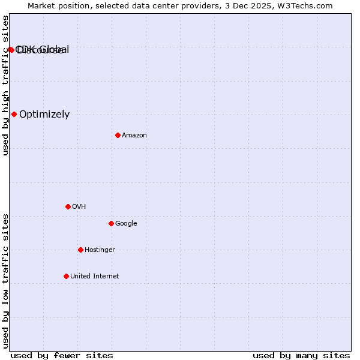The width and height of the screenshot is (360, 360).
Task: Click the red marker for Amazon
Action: pos(118,135)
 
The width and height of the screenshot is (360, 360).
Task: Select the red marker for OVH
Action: pos(68,206)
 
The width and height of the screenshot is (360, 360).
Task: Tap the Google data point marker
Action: pos(111,223)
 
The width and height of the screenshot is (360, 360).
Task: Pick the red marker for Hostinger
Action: pos(80,250)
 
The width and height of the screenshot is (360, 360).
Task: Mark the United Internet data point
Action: pos(66,276)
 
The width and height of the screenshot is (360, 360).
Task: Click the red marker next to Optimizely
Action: pos(14,114)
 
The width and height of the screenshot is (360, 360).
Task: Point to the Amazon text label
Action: pos(134,136)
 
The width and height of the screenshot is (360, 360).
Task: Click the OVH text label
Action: pos(79,207)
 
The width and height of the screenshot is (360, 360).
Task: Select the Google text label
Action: pos(126,224)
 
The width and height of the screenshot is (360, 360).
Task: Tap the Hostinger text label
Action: pos(100,250)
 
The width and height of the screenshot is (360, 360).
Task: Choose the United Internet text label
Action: pos(94,277)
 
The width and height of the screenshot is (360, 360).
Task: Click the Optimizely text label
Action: pos(44,115)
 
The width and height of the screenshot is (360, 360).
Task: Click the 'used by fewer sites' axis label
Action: pos(62,356)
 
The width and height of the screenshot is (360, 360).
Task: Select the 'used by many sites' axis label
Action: pos(301,356)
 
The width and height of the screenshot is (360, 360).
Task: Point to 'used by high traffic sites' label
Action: pos(5,85)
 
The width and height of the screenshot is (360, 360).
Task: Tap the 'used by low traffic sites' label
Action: pos(5,280)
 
